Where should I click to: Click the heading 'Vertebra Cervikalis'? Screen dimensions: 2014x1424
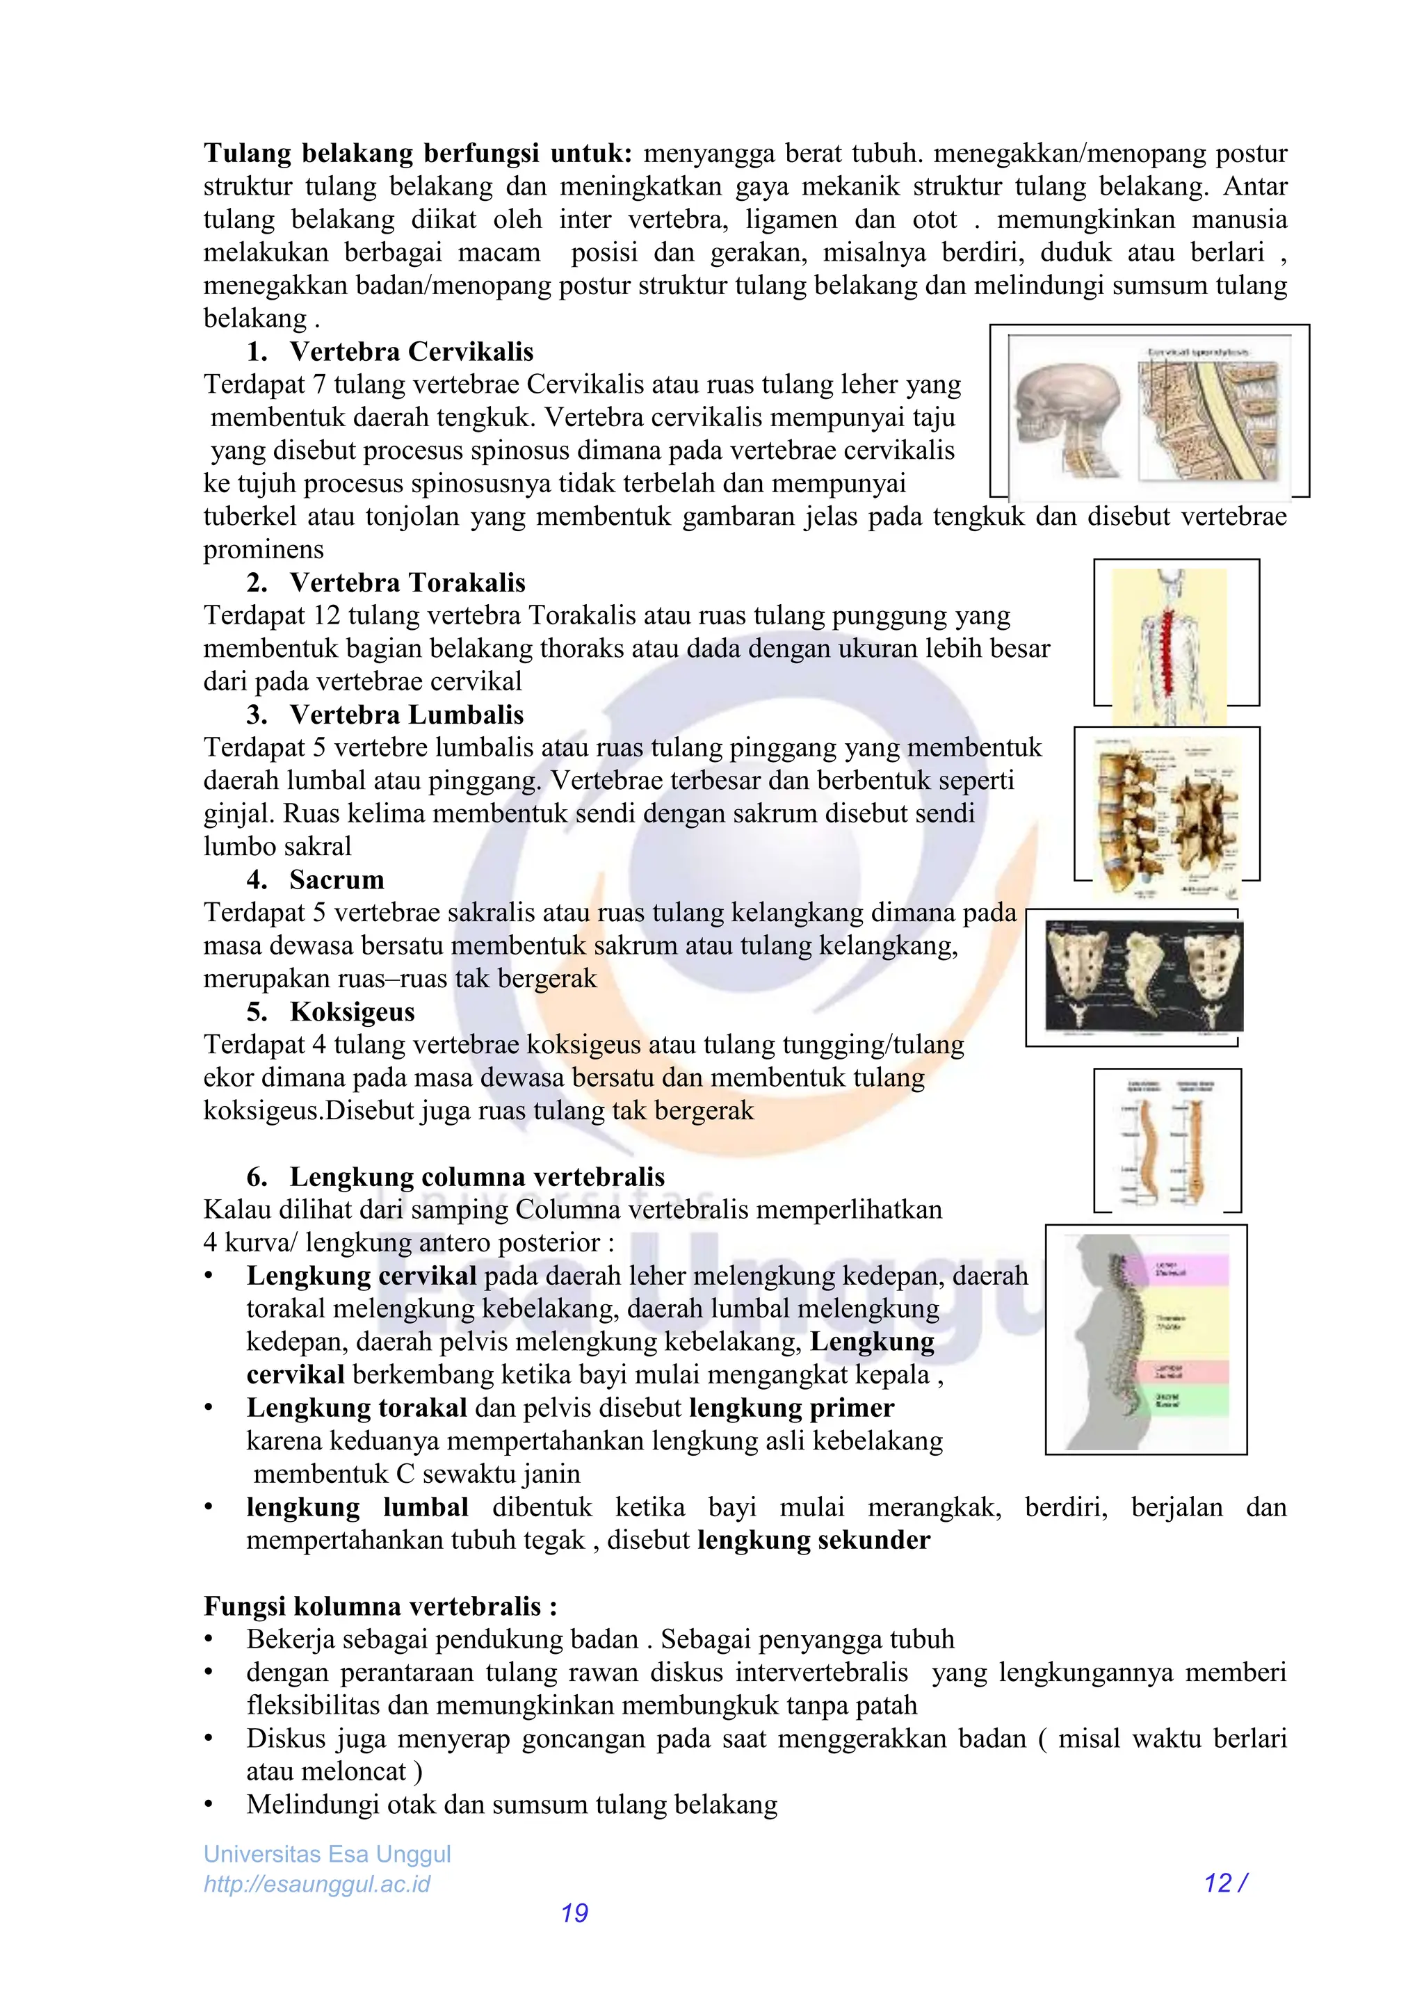411,352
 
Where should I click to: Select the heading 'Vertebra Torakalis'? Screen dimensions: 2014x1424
407,583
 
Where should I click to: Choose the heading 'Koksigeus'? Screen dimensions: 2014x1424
352,1012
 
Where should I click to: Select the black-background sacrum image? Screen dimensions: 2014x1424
1143,975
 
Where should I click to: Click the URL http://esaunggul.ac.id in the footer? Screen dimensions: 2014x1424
317,1884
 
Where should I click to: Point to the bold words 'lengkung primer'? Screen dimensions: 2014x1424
791,1408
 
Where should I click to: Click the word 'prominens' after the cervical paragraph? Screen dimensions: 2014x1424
264,550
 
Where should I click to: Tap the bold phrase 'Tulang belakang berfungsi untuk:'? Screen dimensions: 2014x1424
418,154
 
